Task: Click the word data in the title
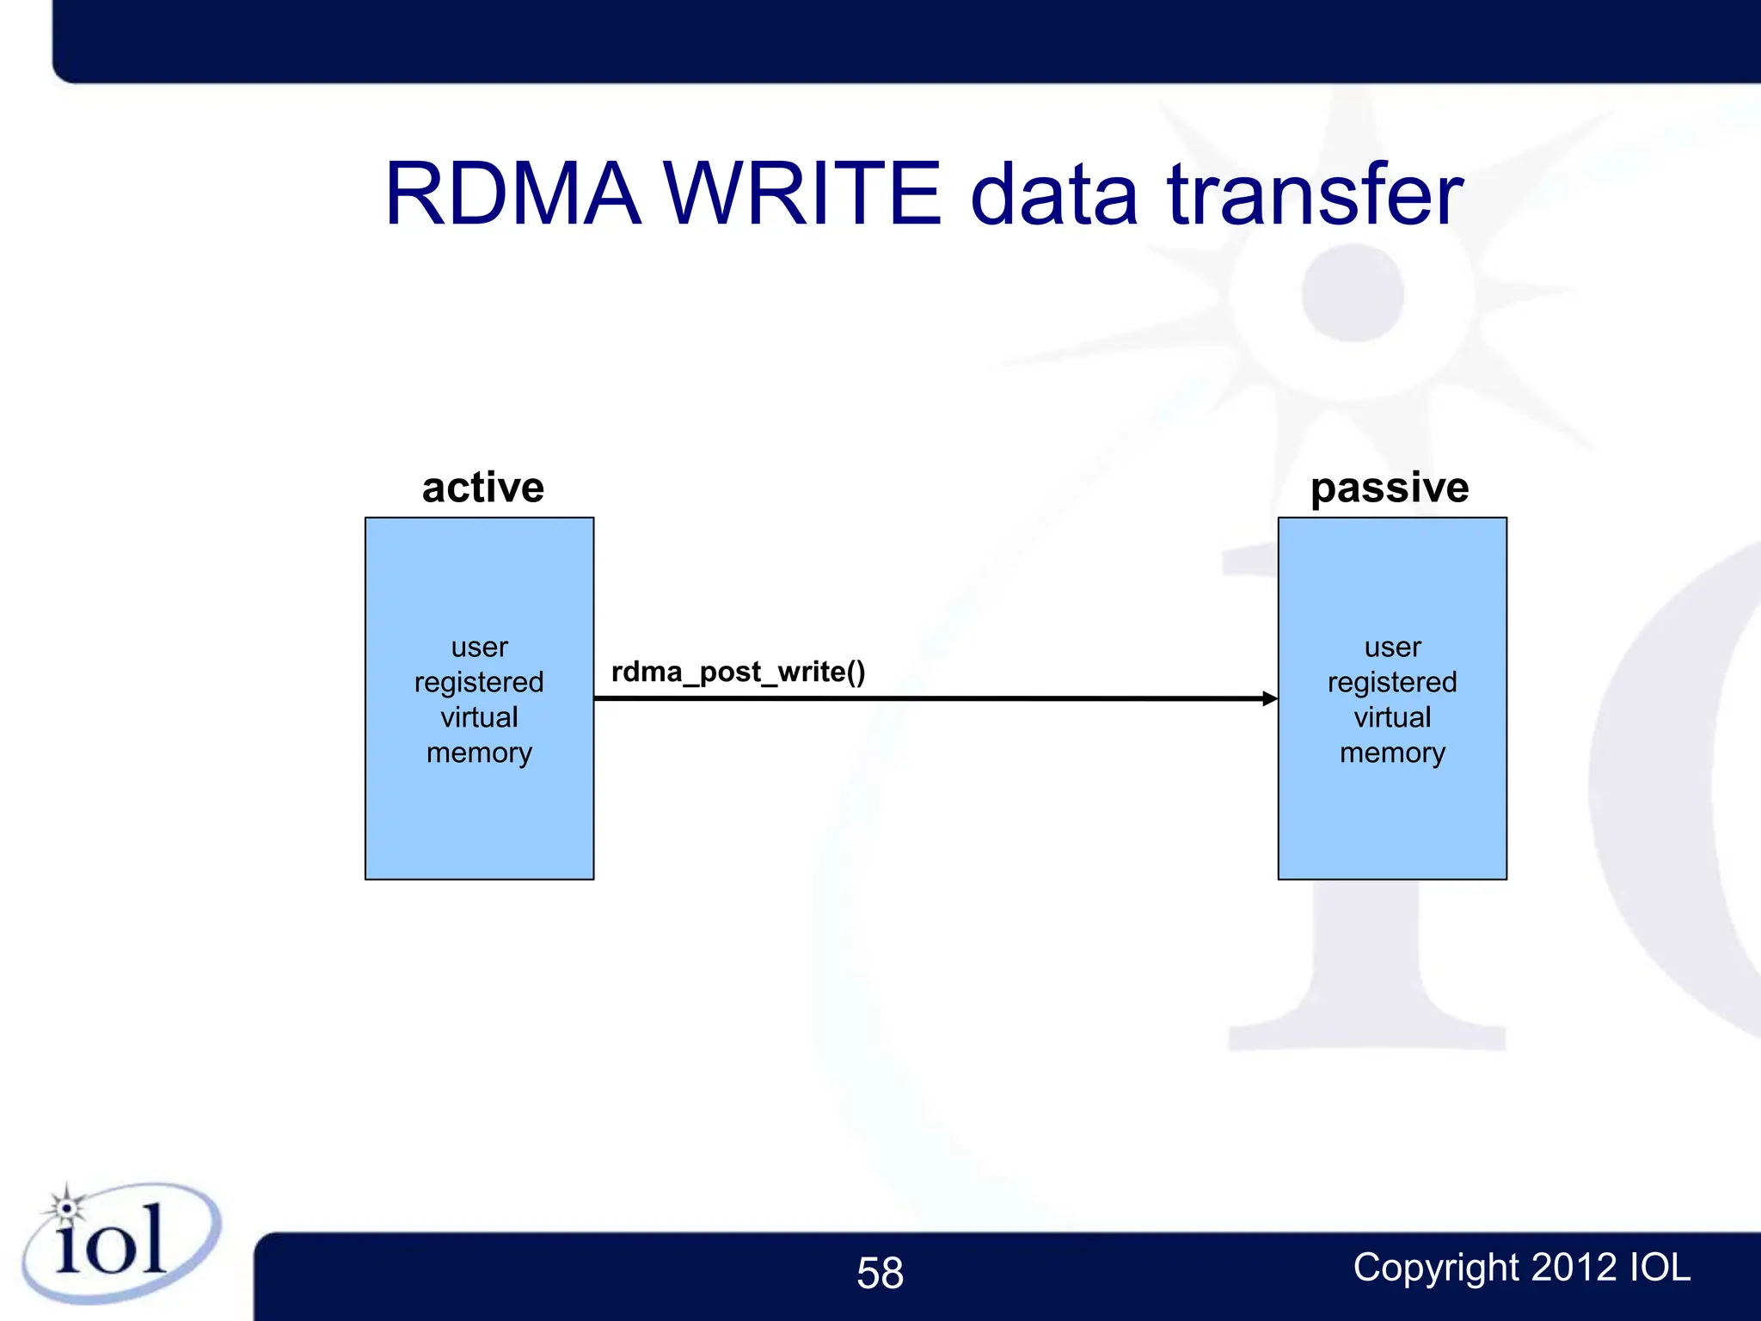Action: point(1053,196)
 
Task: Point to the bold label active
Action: point(482,488)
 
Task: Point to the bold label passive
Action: point(1390,488)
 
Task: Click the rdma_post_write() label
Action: point(738,672)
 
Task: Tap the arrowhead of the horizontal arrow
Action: point(1269,698)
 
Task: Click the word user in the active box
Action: point(479,647)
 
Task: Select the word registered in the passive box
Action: point(1392,682)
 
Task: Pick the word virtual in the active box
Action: point(479,717)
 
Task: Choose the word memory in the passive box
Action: point(1392,753)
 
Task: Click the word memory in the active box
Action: point(479,753)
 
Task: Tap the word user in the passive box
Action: point(1392,647)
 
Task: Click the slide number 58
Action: point(880,1273)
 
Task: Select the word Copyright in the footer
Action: point(1437,1268)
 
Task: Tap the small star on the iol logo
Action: point(66,1207)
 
